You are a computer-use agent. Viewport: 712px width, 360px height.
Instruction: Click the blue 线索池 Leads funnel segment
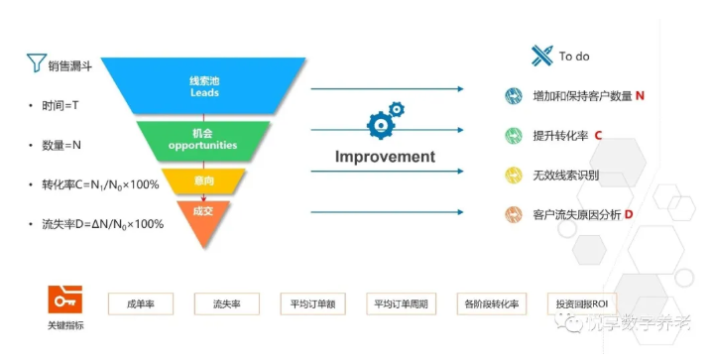coord(203,86)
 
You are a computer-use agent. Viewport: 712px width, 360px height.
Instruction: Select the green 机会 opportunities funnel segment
coord(202,140)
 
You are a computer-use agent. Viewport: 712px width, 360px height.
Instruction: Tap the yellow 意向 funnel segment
coord(202,180)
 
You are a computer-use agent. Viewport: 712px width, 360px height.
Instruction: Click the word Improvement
coord(385,157)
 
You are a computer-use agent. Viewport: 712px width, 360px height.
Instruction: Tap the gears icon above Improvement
coord(386,118)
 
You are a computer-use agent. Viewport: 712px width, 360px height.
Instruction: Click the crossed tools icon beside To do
coord(541,56)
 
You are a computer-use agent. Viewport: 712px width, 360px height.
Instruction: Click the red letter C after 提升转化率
coord(598,135)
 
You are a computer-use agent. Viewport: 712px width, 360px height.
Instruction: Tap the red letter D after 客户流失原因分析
coord(628,214)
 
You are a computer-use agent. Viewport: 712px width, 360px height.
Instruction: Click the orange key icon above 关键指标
coord(64,300)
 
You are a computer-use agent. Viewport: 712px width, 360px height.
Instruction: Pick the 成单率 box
coord(142,302)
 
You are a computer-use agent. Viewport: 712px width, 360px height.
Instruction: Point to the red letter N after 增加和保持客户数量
coord(640,96)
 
